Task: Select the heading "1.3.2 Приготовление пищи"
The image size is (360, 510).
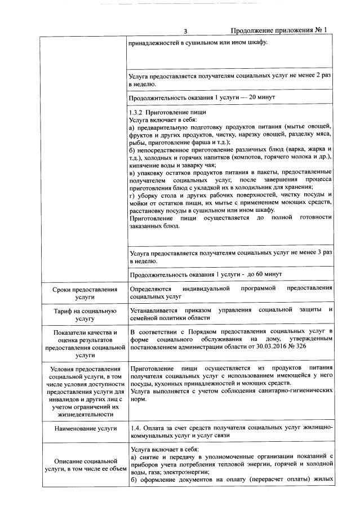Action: click(164, 113)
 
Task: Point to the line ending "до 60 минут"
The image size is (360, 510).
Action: click(206, 274)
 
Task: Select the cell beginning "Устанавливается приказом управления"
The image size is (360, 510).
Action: click(231, 314)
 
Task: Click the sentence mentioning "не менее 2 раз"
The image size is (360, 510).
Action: click(231, 79)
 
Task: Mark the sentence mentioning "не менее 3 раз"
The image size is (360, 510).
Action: click(231, 256)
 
